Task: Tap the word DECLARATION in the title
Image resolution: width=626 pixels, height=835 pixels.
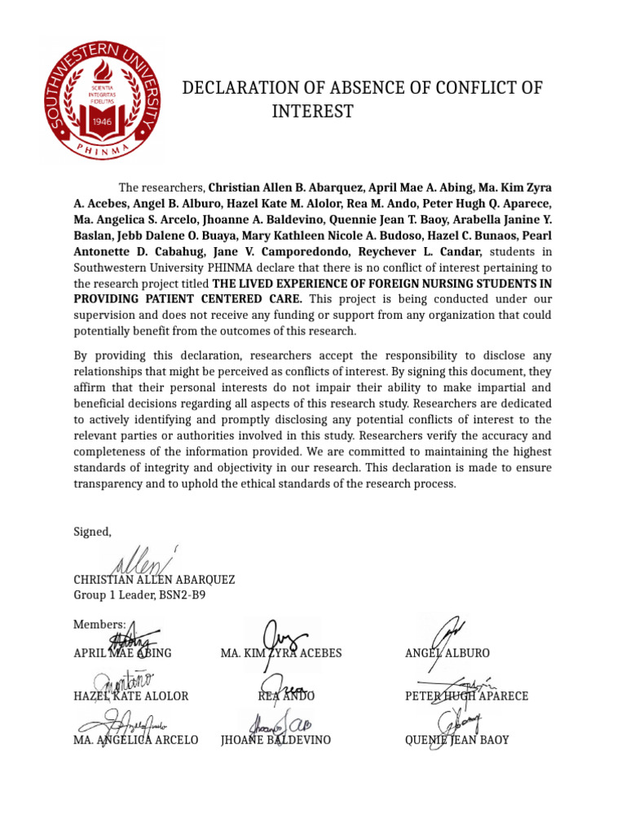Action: [238, 88]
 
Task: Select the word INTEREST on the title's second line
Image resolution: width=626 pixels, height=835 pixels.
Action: [312, 112]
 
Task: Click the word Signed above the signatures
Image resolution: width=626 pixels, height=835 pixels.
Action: [92, 532]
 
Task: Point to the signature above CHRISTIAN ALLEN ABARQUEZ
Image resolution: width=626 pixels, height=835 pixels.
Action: [139, 561]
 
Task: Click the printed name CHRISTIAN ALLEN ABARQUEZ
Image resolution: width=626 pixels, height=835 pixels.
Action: [154, 580]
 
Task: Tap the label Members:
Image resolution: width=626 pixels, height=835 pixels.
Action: [99, 624]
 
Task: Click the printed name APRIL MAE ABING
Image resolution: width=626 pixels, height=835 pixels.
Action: [122, 653]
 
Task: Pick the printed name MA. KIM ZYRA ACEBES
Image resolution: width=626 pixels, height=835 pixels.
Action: [281, 653]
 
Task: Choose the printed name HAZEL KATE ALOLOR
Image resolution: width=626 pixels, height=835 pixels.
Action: [130, 696]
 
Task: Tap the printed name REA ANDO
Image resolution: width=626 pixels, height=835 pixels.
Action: [286, 696]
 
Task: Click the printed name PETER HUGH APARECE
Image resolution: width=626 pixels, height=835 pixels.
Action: [466, 696]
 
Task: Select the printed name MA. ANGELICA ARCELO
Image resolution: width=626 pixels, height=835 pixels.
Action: [135, 740]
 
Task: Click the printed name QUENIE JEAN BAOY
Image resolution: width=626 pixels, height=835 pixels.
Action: [456, 740]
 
